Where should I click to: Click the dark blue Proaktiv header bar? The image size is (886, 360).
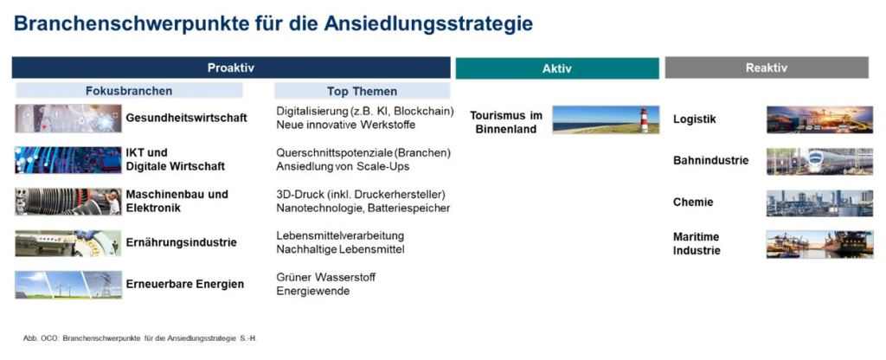point(231,67)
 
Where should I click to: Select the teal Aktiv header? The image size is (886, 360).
point(557,68)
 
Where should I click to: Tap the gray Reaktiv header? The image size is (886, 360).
point(767,67)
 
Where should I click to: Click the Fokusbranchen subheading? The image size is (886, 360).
point(129,91)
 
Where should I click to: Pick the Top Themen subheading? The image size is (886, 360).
point(362,91)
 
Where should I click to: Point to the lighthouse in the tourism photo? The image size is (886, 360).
point(644,119)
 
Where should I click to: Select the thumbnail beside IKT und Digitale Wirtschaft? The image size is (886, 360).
point(67,160)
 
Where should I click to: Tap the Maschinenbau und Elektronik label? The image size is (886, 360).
point(177,201)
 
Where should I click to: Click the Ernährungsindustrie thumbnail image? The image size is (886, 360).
point(67,243)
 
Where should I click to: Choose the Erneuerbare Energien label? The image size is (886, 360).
point(185,284)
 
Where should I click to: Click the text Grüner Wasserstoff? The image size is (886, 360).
point(326,278)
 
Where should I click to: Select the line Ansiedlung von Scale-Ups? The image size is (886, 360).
point(343,167)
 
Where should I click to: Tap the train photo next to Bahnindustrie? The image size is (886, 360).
point(819,161)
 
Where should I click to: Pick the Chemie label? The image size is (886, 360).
point(693,202)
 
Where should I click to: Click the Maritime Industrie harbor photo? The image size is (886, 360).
point(819,244)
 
